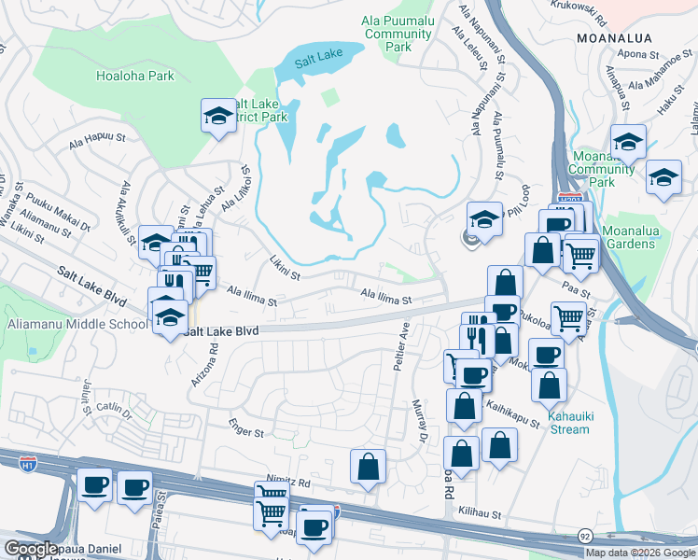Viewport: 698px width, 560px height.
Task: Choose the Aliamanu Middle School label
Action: pyautogui.click(x=74, y=323)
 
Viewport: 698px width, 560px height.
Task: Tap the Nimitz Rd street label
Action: pyautogui.click(x=293, y=483)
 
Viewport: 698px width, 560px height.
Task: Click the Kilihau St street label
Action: pyautogui.click(x=481, y=514)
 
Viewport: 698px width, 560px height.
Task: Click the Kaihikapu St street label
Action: pyautogui.click(x=512, y=411)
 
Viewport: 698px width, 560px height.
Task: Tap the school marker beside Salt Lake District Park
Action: pyautogui.click(x=218, y=117)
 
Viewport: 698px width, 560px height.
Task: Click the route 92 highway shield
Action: pyautogui.click(x=584, y=537)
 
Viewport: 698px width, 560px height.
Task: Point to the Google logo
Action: pyautogui.click(x=31, y=549)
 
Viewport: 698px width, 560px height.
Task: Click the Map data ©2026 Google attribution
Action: pyautogui.click(x=639, y=553)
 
